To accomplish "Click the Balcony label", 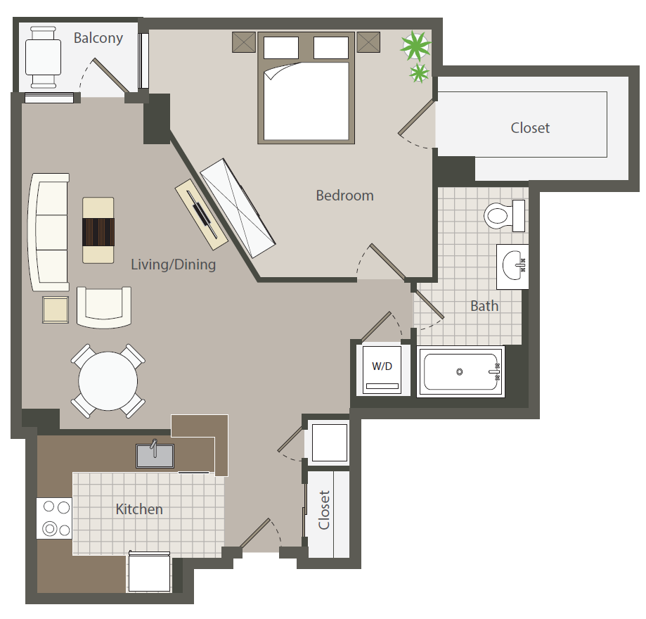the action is [98, 38].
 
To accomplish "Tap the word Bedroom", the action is [345, 196].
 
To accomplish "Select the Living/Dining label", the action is [174, 264].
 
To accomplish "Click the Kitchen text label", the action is [139, 509].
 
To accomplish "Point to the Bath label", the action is [484, 306].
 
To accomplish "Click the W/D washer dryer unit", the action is [382, 369].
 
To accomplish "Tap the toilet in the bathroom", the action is [504, 216].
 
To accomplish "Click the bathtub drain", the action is [459, 371].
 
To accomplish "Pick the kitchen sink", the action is [155, 455].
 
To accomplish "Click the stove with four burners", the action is [54, 518].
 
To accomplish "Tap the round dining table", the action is [108, 381].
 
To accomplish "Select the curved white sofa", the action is [49, 232].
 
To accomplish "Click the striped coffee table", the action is [98, 230].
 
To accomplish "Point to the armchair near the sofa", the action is [104, 307].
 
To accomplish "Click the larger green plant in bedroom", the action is [415, 45].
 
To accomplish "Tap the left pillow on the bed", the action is [281, 48].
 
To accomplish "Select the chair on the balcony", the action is [44, 57].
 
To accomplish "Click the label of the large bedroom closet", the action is [530, 128].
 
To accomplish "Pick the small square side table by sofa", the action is [56, 309].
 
